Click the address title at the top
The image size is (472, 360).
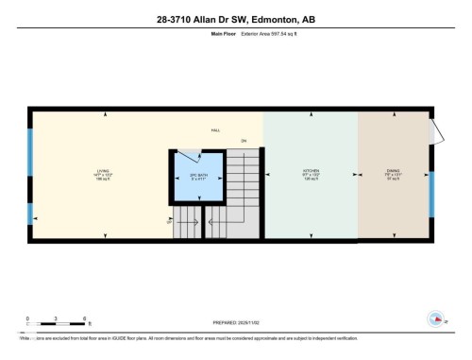(x=235, y=19)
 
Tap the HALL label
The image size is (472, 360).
(x=216, y=132)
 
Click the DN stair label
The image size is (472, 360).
(x=244, y=142)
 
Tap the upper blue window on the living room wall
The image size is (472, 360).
(x=30, y=148)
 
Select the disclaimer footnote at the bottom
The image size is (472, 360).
(x=235, y=338)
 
